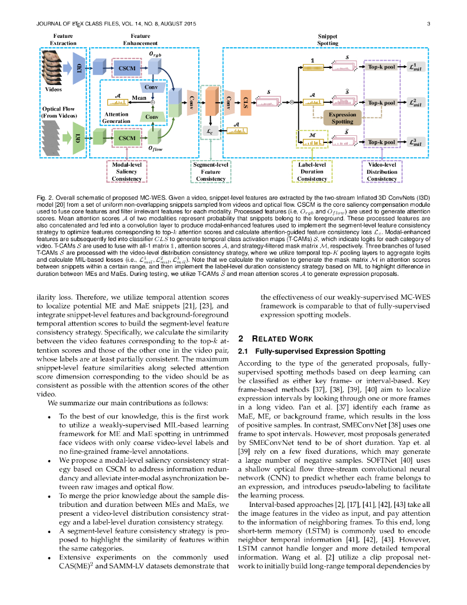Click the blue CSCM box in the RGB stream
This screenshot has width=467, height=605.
coord(127,69)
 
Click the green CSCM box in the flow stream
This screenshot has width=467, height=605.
coord(127,138)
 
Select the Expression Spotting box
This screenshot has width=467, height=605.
coord(342,118)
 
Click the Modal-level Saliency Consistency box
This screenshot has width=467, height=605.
coord(126,171)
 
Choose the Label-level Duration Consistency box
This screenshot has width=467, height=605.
coord(312,171)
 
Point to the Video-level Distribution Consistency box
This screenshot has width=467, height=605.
coord(381,171)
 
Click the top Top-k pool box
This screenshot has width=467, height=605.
coord(381,69)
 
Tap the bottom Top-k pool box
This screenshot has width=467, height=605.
coord(381,142)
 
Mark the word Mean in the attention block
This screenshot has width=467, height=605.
coord(139,97)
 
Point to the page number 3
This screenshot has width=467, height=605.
coord(427,24)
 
